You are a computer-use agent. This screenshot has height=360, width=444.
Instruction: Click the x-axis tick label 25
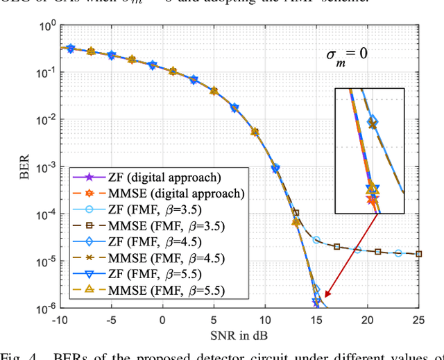(418, 320)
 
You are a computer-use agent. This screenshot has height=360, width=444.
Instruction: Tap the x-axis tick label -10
(60, 320)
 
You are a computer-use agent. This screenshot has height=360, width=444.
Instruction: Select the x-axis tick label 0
(162, 320)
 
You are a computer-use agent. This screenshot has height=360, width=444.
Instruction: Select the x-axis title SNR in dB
(240, 334)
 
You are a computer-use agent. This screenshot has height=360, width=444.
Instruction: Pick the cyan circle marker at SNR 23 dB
(398, 253)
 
